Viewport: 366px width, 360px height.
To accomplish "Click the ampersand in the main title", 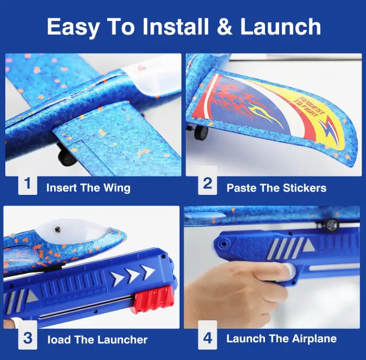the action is click(x=224, y=26).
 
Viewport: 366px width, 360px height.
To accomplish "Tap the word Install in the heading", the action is click(x=175, y=26).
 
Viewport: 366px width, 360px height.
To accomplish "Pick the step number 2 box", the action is click(x=208, y=183).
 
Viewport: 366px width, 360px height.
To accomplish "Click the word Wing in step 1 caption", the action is click(x=117, y=189).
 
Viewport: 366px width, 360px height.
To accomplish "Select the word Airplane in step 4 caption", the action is click(x=314, y=339).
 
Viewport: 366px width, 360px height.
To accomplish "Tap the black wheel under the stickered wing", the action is click(x=201, y=132).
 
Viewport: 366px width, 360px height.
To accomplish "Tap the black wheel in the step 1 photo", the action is click(x=67, y=156).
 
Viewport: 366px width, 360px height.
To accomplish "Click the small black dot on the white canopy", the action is click(x=58, y=230).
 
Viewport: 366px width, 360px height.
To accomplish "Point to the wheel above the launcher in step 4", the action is click(x=332, y=225).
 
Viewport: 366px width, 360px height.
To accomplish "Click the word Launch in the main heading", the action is click(x=281, y=26).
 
